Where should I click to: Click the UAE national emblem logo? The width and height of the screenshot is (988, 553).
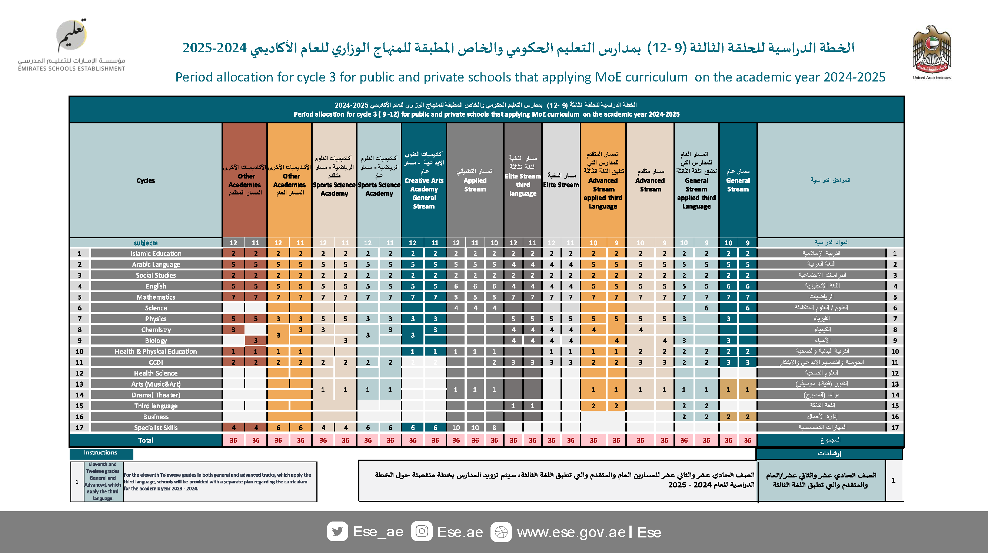pyautogui.click(x=932, y=50)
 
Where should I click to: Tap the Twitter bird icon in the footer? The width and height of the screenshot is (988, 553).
pyautogui.click(x=337, y=532)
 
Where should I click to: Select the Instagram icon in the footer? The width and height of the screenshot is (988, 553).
pyautogui.click(x=422, y=532)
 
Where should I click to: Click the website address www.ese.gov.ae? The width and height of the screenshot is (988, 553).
pyautogui.click(x=571, y=532)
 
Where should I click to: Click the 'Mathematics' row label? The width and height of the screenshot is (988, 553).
pyautogui.click(x=156, y=297)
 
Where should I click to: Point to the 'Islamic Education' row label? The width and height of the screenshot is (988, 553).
pyautogui.click(x=156, y=253)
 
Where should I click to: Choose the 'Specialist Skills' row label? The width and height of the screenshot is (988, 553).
pyautogui.click(x=156, y=427)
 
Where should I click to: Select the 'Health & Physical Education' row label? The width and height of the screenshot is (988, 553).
pyautogui.click(x=156, y=352)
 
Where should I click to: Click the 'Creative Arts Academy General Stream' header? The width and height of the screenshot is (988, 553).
pyautogui.click(x=424, y=180)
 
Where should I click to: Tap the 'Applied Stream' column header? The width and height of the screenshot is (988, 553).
pyautogui.click(x=475, y=180)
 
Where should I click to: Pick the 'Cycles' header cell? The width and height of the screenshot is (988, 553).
pyautogui.click(x=146, y=181)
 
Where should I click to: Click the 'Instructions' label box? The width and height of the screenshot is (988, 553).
pyautogui.click(x=101, y=453)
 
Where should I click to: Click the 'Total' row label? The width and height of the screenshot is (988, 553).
pyautogui.click(x=146, y=440)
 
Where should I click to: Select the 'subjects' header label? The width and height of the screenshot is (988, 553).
pyautogui.click(x=146, y=243)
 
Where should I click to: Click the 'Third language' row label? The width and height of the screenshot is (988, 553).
pyautogui.click(x=156, y=406)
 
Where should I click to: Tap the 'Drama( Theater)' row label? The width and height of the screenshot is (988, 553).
pyautogui.click(x=156, y=395)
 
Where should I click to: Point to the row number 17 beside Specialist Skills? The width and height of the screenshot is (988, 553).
pyautogui.click(x=79, y=427)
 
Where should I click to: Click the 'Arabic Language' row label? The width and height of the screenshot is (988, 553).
pyautogui.click(x=156, y=264)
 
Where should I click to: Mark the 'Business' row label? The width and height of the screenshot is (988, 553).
pyautogui.click(x=156, y=417)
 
